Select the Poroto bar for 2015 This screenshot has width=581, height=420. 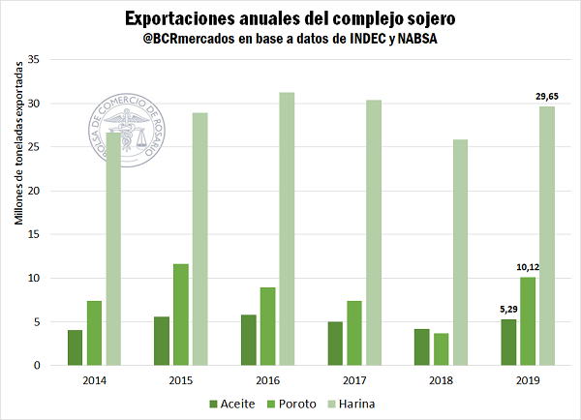[x=181, y=315]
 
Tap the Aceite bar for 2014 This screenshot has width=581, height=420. [x=76, y=347]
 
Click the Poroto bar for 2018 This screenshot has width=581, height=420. [x=441, y=349]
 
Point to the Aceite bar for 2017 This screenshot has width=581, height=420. [x=335, y=344]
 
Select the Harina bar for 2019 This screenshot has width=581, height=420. [x=547, y=236]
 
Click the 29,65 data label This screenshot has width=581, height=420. [x=547, y=96]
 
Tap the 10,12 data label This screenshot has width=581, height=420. [x=528, y=267]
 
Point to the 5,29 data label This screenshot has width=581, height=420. [x=507, y=310]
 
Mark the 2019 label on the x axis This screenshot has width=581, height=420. [x=528, y=379]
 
